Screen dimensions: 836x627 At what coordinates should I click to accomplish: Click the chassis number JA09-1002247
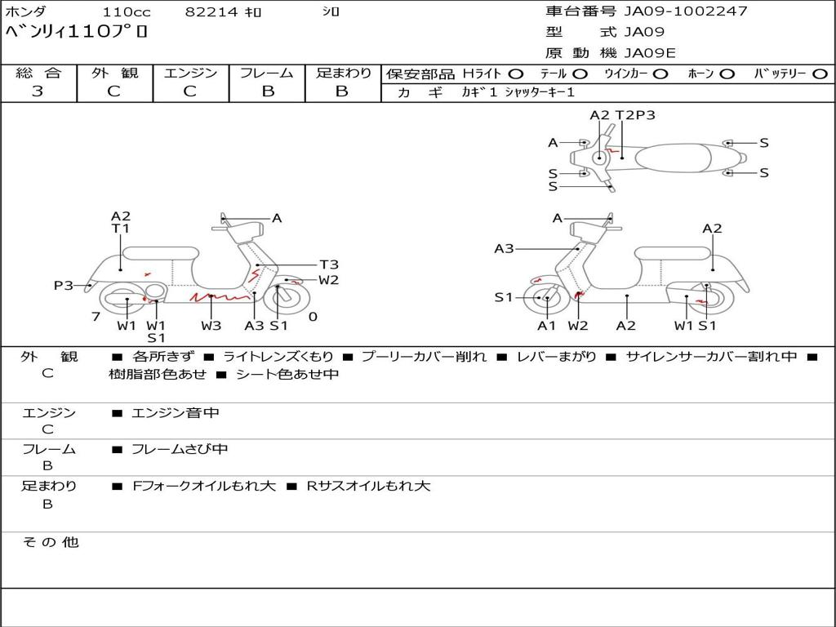[x=686, y=11]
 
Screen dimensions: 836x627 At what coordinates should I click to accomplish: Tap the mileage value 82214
[x=211, y=12]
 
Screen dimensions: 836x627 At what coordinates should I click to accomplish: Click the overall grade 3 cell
[x=38, y=91]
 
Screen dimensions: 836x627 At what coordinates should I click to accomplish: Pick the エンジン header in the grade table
[x=190, y=73]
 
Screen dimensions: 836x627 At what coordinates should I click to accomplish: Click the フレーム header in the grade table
[x=267, y=73]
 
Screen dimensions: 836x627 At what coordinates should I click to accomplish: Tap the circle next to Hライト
[x=516, y=73]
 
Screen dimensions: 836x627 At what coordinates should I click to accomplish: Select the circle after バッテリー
[x=820, y=73]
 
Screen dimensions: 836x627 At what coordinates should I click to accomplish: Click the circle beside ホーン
[x=727, y=73]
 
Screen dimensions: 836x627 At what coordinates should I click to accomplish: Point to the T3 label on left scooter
[x=329, y=265]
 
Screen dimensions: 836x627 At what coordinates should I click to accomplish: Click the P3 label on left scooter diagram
[x=64, y=286]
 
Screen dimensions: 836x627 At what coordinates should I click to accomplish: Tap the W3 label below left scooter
[x=211, y=326]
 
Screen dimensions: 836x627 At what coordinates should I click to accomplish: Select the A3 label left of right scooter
[x=504, y=249]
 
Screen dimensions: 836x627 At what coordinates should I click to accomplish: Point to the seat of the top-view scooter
[x=678, y=157]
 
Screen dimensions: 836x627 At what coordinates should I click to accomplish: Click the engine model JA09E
[x=651, y=54]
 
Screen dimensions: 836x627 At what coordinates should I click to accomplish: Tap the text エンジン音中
[x=176, y=413]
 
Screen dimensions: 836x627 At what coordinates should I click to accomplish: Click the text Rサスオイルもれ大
[x=368, y=486]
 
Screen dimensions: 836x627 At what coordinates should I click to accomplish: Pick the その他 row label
[x=50, y=542]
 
